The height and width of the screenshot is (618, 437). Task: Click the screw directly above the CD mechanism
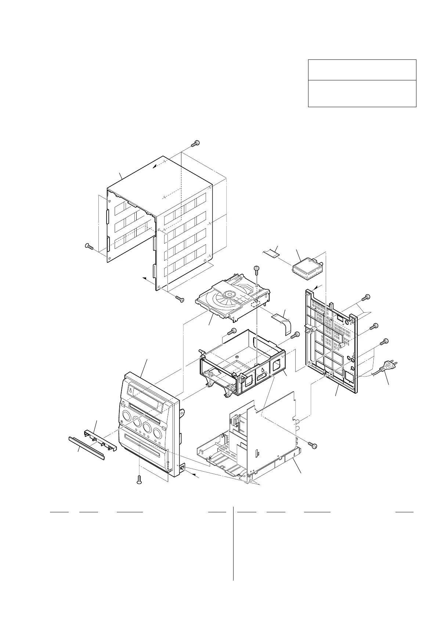tap(257, 270)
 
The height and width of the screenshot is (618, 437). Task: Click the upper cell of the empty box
tap(362, 70)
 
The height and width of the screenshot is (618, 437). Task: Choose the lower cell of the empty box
tap(362, 93)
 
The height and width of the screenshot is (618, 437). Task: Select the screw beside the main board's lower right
tap(313, 445)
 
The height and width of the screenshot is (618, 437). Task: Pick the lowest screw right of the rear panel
tap(383, 341)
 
